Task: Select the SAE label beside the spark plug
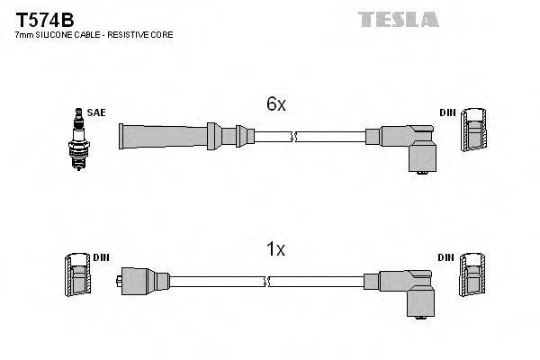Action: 95,113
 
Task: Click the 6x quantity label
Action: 275,105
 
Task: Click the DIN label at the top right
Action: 447,113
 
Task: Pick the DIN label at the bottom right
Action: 447,258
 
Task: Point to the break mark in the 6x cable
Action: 294,137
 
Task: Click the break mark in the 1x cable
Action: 267,281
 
